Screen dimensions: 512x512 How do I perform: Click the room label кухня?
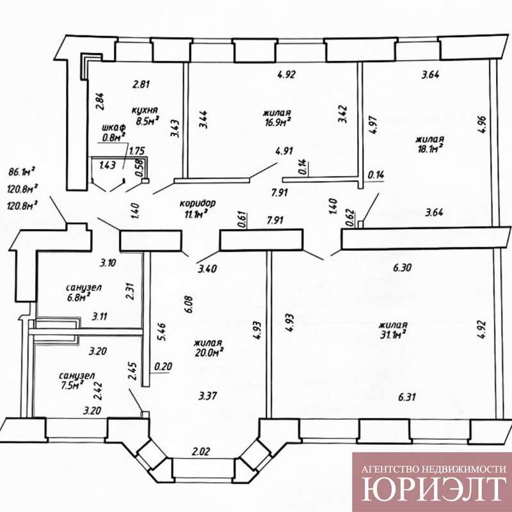tap(145, 109)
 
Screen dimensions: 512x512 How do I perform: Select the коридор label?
tap(198, 203)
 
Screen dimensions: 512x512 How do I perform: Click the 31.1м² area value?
tap(393, 334)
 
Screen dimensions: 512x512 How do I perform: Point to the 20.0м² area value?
tap(209, 353)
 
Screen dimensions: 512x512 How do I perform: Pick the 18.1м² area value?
tap(429, 148)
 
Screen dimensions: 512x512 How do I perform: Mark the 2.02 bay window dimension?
tap(200, 452)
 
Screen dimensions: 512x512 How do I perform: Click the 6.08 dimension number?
tap(188, 305)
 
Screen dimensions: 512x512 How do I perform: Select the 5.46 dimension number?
tap(162, 332)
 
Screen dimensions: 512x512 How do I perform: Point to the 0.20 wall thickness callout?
tap(163, 366)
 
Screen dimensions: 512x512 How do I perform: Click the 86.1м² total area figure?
tap(22, 172)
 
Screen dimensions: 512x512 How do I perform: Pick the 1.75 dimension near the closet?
tap(137, 151)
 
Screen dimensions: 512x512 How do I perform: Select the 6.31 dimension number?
tap(407, 397)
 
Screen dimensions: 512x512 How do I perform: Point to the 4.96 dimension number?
tap(484, 125)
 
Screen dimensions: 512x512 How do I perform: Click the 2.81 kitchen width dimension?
tap(141, 84)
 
